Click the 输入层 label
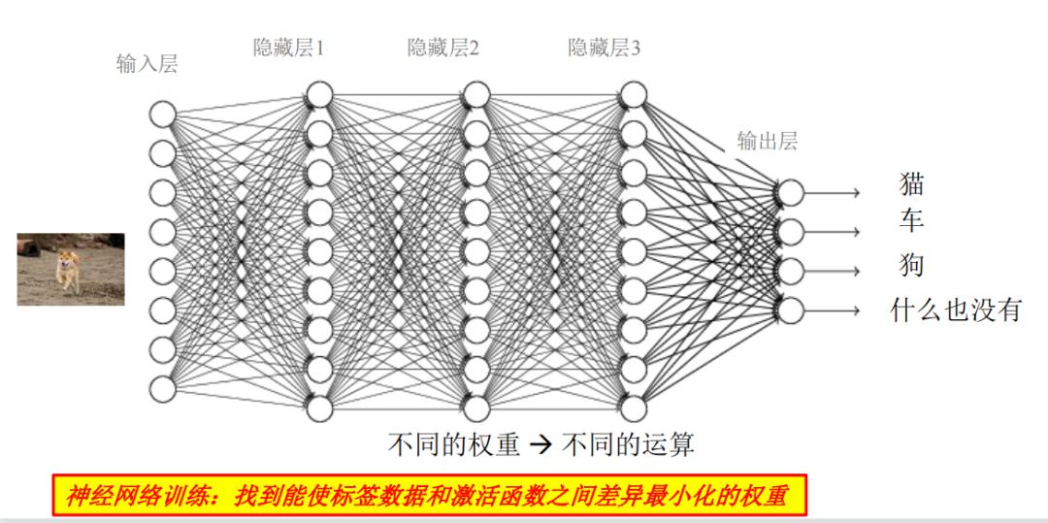pyautogui.click(x=147, y=65)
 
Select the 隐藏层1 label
pyautogui.click(x=288, y=48)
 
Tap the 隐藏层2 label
pyautogui.click(x=442, y=48)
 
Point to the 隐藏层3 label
pyautogui.click(x=604, y=48)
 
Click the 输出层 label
pyautogui.click(x=767, y=141)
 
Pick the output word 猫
pyautogui.click(x=912, y=182)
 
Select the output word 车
pyautogui.click(x=911, y=221)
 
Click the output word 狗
pyautogui.click(x=911, y=264)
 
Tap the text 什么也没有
pyautogui.click(x=957, y=311)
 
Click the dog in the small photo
pyautogui.click(x=67, y=270)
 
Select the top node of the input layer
pyautogui.click(x=162, y=114)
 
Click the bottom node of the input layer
pyautogui.click(x=162, y=388)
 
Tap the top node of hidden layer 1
pyautogui.click(x=319, y=95)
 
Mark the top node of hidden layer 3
pyautogui.click(x=633, y=95)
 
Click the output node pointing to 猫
pyautogui.click(x=791, y=192)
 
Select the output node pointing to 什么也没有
pyautogui.click(x=791, y=310)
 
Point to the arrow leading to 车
pyautogui.click(x=833, y=232)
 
